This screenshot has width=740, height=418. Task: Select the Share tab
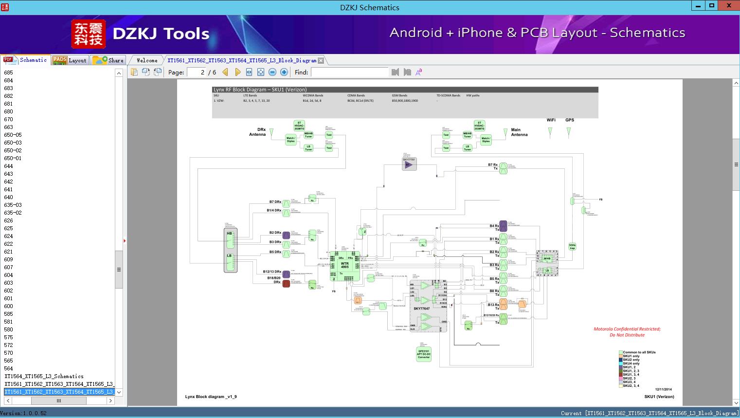pyautogui.click(x=108, y=60)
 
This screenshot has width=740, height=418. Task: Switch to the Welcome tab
pyautogui.click(x=147, y=60)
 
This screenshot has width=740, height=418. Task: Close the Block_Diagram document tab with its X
pyautogui.click(x=321, y=61)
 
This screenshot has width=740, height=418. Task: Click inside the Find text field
pyautogui.click(x=350, y=72)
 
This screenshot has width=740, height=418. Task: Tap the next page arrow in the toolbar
pyautogui.click(x=237, y=72)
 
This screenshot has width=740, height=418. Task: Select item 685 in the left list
pyautogui.click(x=9, y=73)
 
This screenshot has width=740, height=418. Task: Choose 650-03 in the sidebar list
pyautogui.click(x=13, y=143)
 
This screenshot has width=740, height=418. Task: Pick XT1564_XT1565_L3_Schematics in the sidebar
pyautogui.click(x=44, y=376)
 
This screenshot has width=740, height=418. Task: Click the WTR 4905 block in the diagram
pyautogui.click(x=344, y=265)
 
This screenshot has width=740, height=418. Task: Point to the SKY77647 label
pyautogui.click(x=421, y=309)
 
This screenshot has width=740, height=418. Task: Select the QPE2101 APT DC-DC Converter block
pyautogui.click(x=424, y=354)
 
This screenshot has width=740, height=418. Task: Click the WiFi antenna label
pyautogui.click(x=551, y=120)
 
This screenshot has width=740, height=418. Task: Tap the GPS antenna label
pyautogui.click(x=569, y=120)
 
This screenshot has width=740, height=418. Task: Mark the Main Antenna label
pyautogui.click(x=519, y=132)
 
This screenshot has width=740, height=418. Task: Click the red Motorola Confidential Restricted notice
pyautogui.click(x=627, y=332)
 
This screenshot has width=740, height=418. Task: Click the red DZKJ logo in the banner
pyautogui.click(x=89, y=34)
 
